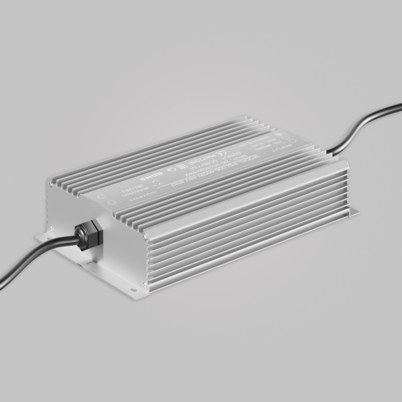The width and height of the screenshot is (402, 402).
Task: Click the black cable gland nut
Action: (x=90, y=232)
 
